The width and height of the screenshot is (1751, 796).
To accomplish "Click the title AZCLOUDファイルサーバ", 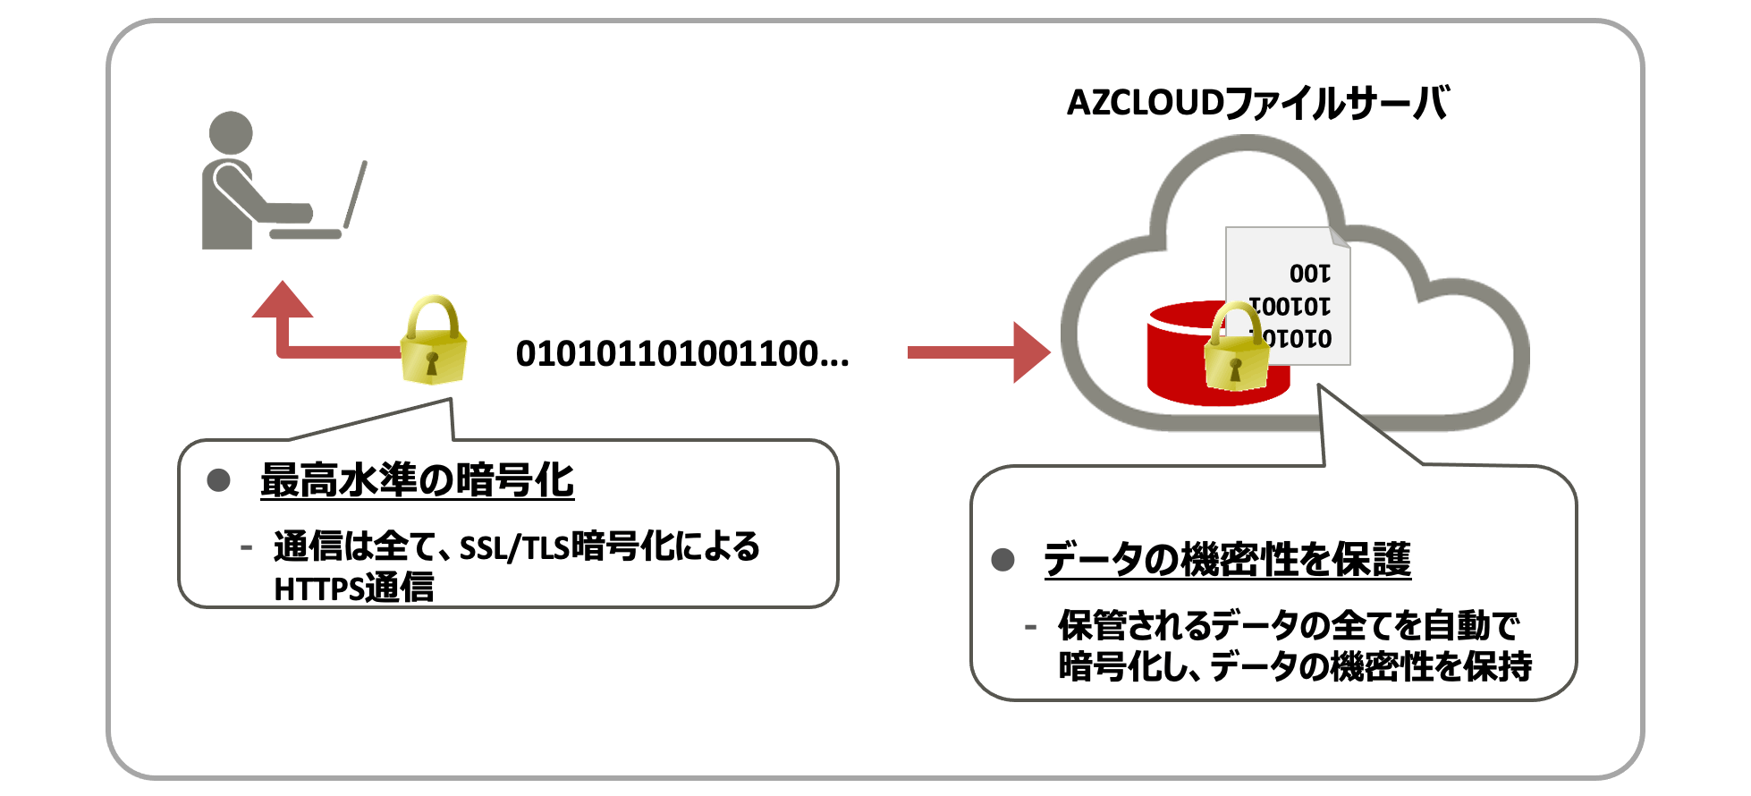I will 1257,104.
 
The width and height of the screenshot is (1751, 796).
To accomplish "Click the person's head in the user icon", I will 231,133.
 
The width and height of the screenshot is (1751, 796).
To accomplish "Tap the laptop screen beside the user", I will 356,194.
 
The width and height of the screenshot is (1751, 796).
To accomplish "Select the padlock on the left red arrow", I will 434,342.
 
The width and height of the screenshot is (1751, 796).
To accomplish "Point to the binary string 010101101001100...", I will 681,354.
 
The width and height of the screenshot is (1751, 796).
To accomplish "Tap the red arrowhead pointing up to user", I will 283,300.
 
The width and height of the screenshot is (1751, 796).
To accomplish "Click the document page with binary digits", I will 1288,295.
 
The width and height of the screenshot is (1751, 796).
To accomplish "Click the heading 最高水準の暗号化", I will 417,480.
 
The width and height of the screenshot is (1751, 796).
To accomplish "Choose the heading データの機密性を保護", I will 1227,560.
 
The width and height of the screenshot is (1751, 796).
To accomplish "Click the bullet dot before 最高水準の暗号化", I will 219,480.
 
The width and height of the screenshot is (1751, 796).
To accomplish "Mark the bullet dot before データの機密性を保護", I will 1003,560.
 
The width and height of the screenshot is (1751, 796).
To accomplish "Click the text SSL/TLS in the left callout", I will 514,547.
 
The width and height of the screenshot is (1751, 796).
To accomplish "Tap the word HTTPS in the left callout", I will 317,589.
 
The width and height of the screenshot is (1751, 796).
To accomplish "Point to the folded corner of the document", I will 1339,237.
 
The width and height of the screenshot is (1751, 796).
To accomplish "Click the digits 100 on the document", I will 1310,274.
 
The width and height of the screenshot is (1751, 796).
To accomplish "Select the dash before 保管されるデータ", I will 1031,627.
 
